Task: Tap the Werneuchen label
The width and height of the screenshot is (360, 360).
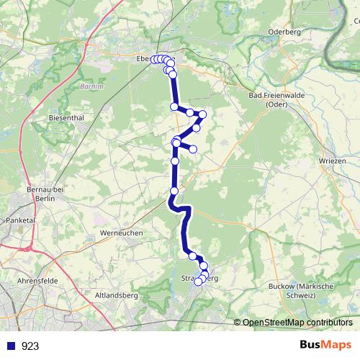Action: [122, 233]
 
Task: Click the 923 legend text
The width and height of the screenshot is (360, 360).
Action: [30, 346]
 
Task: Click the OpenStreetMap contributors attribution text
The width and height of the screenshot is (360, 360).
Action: [296, 323]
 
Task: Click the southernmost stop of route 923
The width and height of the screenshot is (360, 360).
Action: [199, 282]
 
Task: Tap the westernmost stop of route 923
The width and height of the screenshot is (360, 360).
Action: [154, 60]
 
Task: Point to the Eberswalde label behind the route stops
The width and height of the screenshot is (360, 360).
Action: [148, 59]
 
